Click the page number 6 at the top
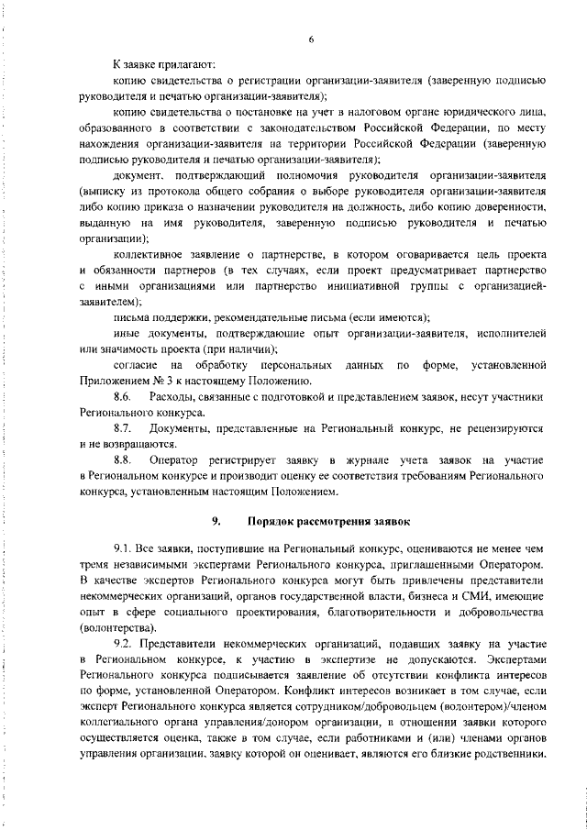(x=312, y=39)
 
